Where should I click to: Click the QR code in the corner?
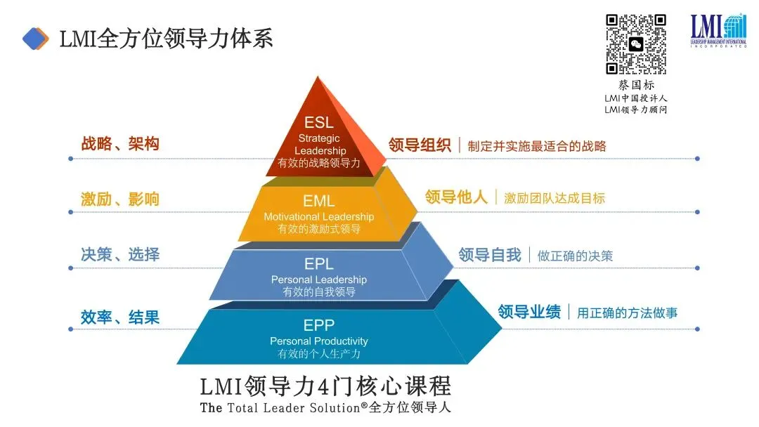pyautogui.click(x=636, y=44)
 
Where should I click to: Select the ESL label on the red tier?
pyautogui.click(x=319, y=123)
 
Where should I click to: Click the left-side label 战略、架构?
pyautogui.click(x=120, y=145)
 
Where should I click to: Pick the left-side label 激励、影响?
pyautogui.click(x=120, y=199)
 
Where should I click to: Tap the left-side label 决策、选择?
pyautogui.click(x=120, y=254)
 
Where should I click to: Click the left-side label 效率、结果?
pyautogui.click(x=120, y=317)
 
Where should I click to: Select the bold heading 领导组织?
pyautogui.click(x=420, y=145)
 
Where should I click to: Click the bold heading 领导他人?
pyautogui.click(x=456, y=197)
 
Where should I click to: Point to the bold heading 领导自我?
pyautogui.click(x=490, y=255)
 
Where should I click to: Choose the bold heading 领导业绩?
pyautogui.click(x=529, y=312)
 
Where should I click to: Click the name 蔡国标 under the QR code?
pyautogui.click(x=636, y=85)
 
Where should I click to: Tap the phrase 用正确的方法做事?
pyautogui.click(x=627, y=313)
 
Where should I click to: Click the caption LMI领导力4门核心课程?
pyautogui.click(x=325, y=386)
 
